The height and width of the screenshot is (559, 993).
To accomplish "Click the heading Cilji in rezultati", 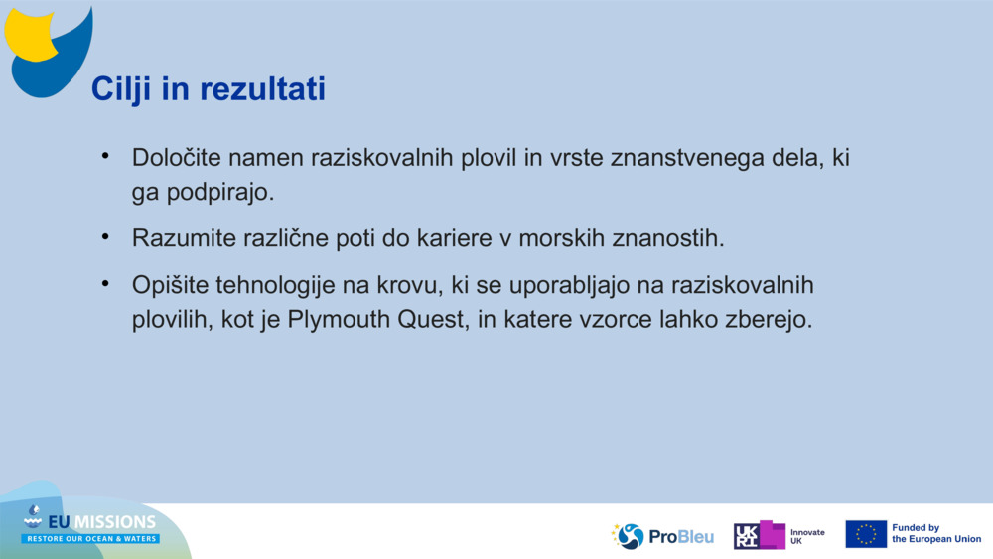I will (209, 89).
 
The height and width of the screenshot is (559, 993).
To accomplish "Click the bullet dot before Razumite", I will (105, 237).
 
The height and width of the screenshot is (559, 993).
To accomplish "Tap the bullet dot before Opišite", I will (105, 285).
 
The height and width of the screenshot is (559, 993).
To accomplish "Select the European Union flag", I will (865, 534).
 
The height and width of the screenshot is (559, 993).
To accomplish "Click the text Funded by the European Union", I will (935, 534).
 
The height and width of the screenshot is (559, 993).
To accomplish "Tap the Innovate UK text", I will (806, 536).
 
